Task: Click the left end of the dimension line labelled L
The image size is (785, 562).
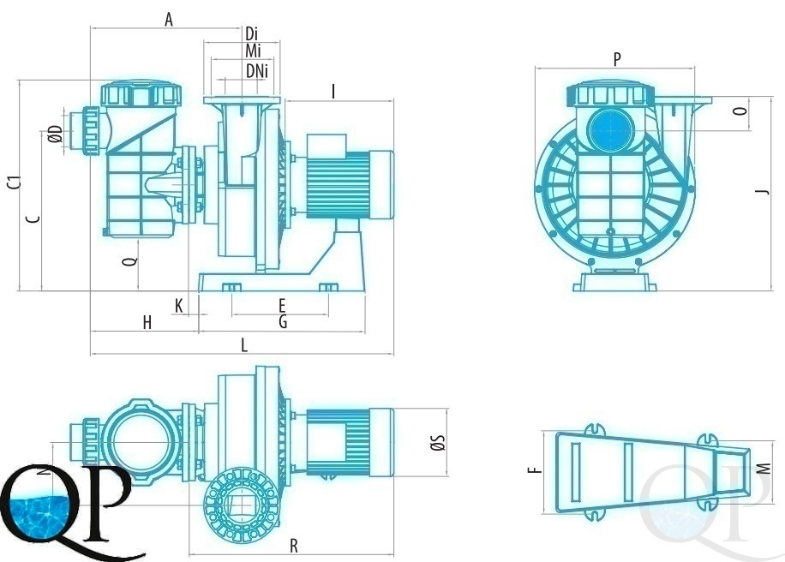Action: [x=91, y=353]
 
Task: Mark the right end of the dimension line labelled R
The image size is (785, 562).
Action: [x=393, y=554]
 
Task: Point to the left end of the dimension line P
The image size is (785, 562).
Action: [x=535, y=68]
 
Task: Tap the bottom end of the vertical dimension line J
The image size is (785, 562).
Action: [x=771, y=290]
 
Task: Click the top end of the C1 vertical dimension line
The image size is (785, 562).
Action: [x=20, y=80]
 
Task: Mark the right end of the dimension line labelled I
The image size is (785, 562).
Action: [x=393, y=100]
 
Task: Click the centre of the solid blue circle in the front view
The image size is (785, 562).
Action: [x=611, y=130]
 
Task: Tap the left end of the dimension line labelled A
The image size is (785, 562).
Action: [x=91, y=28]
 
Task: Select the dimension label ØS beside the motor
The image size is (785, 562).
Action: [x=438, y=442]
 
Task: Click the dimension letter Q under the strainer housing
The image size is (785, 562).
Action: [x=131, y=260]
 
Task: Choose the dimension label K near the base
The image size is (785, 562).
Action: [x=179, y=305]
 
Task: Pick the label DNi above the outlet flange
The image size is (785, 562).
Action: [x=257, y=71]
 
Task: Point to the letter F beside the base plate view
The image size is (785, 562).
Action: [x=535, y=469]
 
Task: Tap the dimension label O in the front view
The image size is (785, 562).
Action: [x=741, y=111]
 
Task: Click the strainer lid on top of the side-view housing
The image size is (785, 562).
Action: [x=141, y=94]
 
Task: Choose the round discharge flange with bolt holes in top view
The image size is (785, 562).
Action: [x=241, y=505]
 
